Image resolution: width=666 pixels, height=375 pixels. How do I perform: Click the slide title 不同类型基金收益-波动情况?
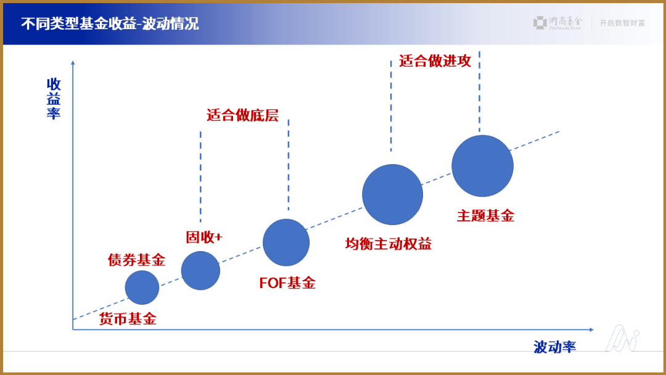tap(110, 24)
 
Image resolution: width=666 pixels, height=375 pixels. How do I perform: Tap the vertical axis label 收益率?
tap(54, 99)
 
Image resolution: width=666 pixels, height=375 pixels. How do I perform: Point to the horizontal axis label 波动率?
tap(554, 347)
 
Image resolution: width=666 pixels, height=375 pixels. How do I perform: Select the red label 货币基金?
tap(128, 319)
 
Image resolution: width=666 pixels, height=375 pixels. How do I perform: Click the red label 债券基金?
tap(136, 260)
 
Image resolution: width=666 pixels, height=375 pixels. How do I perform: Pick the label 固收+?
tap(203, 237)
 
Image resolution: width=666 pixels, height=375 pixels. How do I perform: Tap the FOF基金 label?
tap(287, 283)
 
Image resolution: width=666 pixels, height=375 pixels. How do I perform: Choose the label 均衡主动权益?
tap(388, 244)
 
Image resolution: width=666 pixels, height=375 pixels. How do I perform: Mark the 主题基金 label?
tap(485, 216)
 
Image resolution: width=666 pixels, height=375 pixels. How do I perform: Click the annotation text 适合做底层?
tap(242, 115)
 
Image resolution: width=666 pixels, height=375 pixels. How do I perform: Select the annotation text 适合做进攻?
tap(435, 60)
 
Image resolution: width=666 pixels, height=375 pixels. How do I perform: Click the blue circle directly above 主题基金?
tap(482, 166)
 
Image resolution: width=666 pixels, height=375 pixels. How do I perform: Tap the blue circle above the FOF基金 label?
tap(286, 242)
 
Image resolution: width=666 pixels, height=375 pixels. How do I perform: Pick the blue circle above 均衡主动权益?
tap(392, 195)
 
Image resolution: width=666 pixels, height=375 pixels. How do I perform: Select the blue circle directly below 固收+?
tap(200, 271)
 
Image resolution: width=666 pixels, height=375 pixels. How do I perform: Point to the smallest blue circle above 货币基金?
tap(142, 287)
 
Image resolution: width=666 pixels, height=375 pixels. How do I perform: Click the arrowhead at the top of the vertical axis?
tap(73, 62)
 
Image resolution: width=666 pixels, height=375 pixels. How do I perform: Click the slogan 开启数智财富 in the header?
tap(622, 23)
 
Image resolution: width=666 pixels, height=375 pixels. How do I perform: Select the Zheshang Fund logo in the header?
tap(557, 23)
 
